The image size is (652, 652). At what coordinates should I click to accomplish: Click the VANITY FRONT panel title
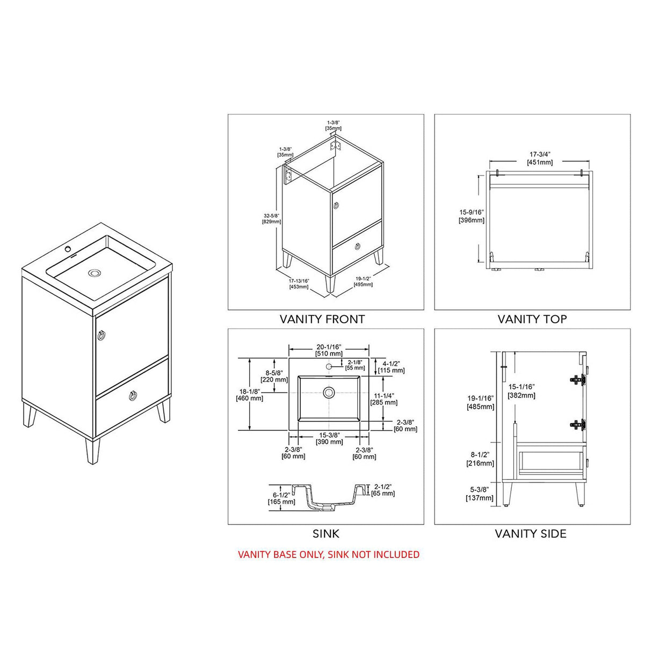click(322, 319)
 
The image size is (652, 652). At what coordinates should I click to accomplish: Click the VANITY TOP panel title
click(532, 319)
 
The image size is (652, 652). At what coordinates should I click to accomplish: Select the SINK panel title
click(326, 534)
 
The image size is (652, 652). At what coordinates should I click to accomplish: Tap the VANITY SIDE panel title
click(531, 534)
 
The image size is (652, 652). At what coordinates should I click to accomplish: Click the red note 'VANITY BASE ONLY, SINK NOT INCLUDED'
click(329, 554)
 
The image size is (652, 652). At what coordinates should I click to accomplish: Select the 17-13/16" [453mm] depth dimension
click(299, 284)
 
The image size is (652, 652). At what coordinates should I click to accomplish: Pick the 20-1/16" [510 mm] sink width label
click(329, 350)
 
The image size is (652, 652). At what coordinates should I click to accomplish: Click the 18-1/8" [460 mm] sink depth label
click(249, 395)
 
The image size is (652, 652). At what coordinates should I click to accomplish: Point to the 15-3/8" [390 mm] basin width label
click(329, 438)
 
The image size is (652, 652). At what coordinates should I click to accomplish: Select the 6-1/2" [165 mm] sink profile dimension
click(281, 498)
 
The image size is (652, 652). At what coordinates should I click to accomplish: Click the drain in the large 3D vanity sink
click(95, 273)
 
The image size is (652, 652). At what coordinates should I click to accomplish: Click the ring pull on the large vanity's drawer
click(131, 396)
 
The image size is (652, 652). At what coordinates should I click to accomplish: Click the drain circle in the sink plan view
click(329, 392)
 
